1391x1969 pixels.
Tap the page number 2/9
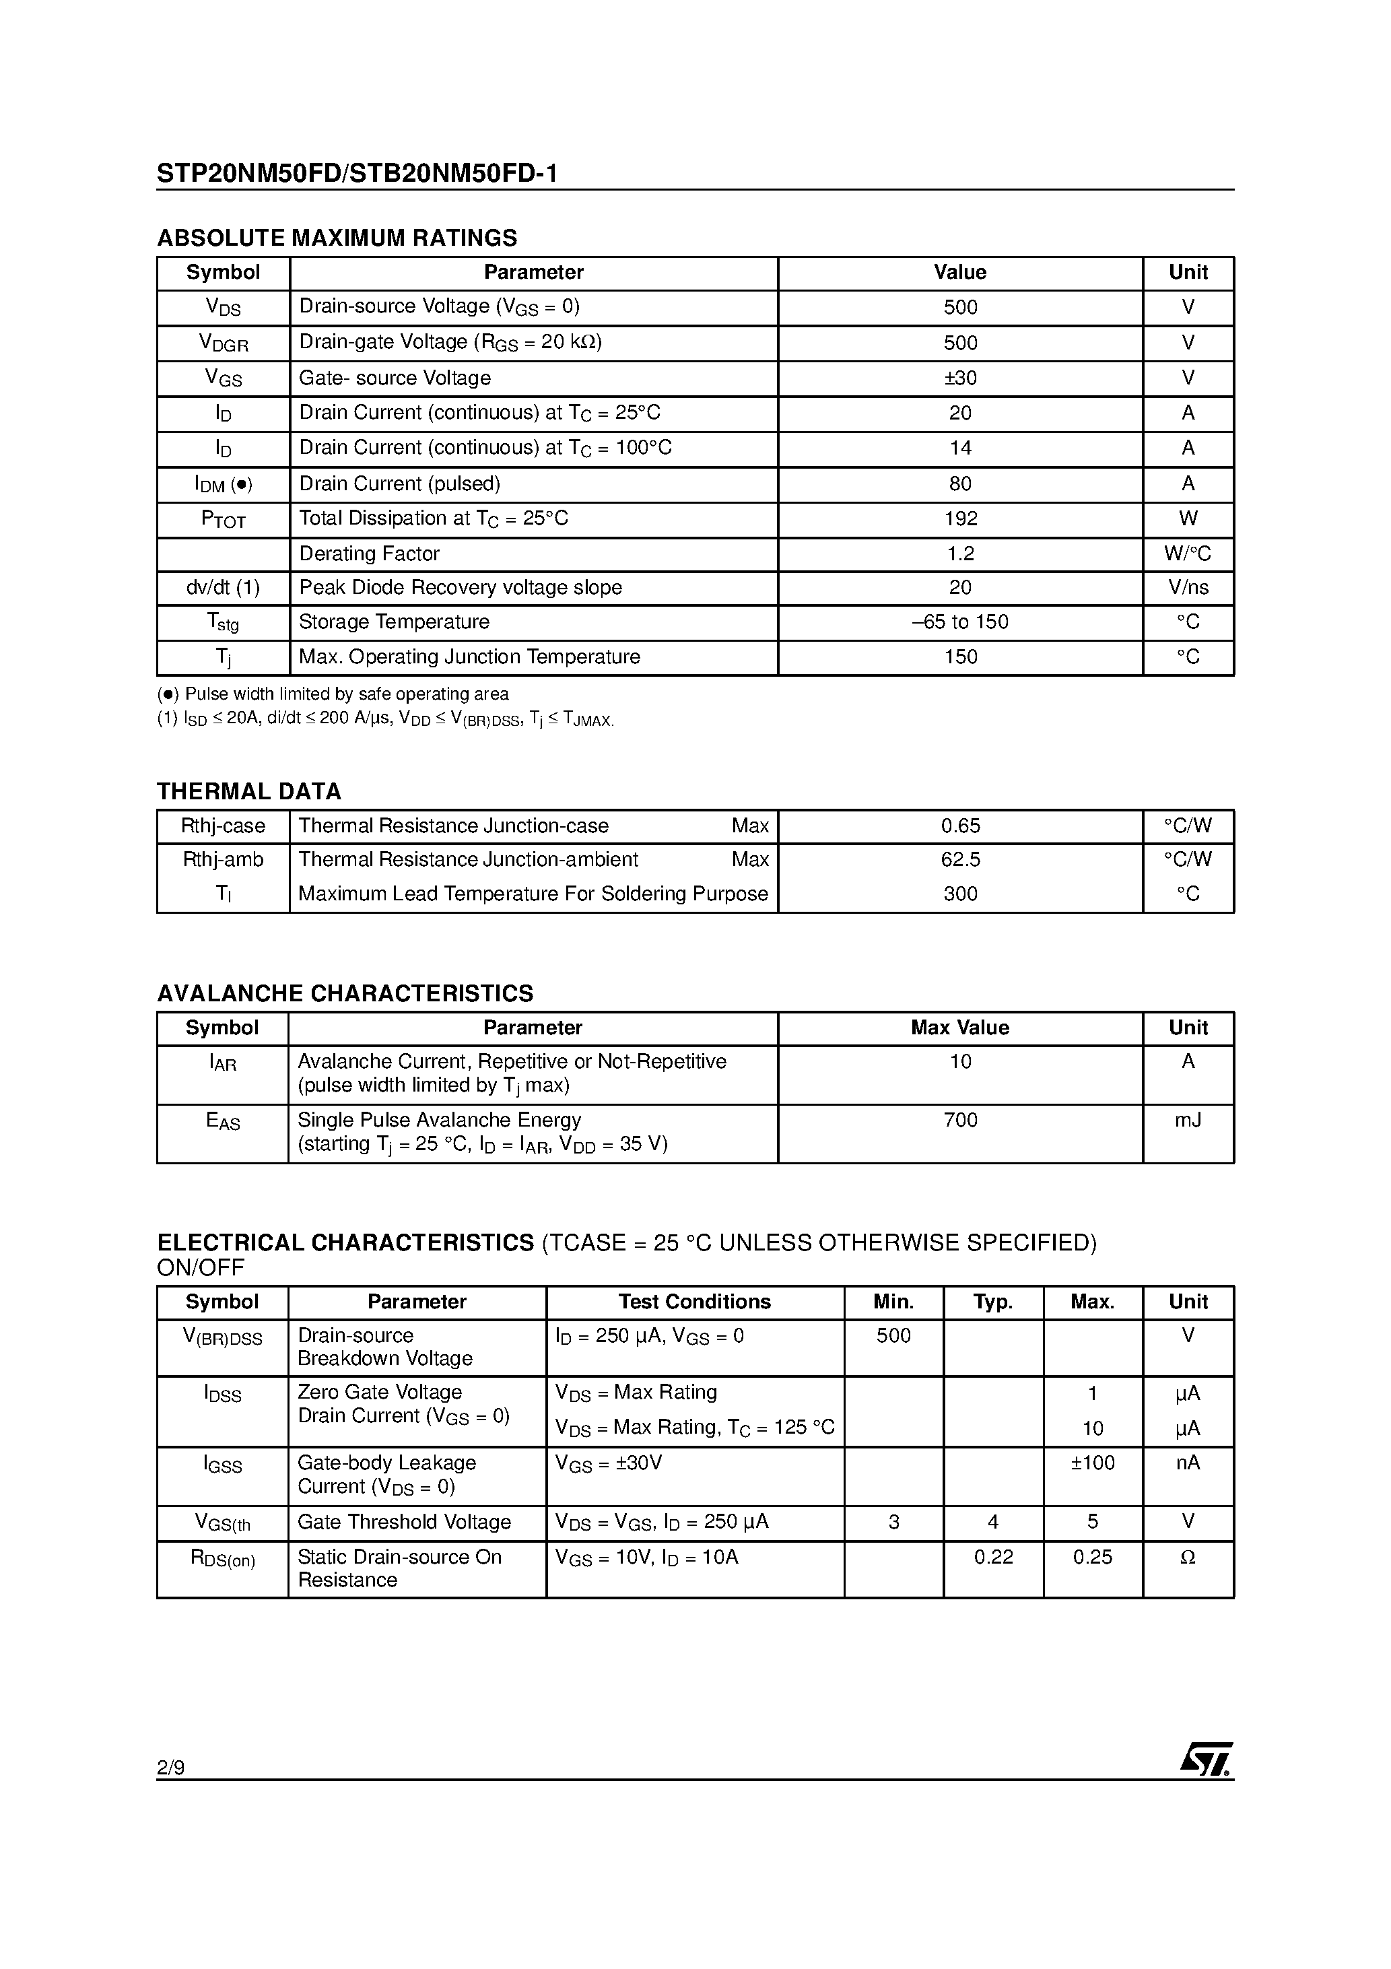tap(170, 1768)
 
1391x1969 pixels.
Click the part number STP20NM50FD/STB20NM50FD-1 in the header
tap(357, 174)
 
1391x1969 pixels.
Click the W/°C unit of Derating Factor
tap(1187, 554)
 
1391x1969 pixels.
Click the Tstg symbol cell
tap(223, 623)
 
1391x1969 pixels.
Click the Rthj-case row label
tap(223, 826)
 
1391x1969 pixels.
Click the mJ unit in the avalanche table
tap(1187, 1120)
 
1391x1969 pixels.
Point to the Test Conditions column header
tap(695, 1302)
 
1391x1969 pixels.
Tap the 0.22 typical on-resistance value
tap(993, 1556)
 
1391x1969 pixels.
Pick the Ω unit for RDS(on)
tap(1187, 1556)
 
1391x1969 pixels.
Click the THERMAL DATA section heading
tap(248, 791)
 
